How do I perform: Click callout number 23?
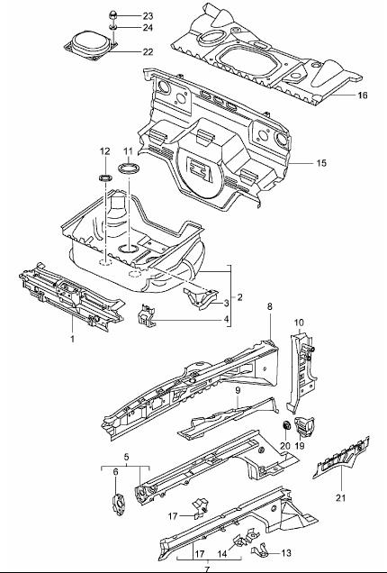[148, 16]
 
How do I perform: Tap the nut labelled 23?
[112, 15]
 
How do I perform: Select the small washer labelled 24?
[112, 27]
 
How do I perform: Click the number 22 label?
[148, 52]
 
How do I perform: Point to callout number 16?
[362, 95]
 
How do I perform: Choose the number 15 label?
[321, 162]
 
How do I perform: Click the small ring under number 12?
[105, 178]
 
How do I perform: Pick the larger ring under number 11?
[129, 168]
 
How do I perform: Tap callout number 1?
[72, 339]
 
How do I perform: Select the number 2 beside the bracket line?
[239, 297]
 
